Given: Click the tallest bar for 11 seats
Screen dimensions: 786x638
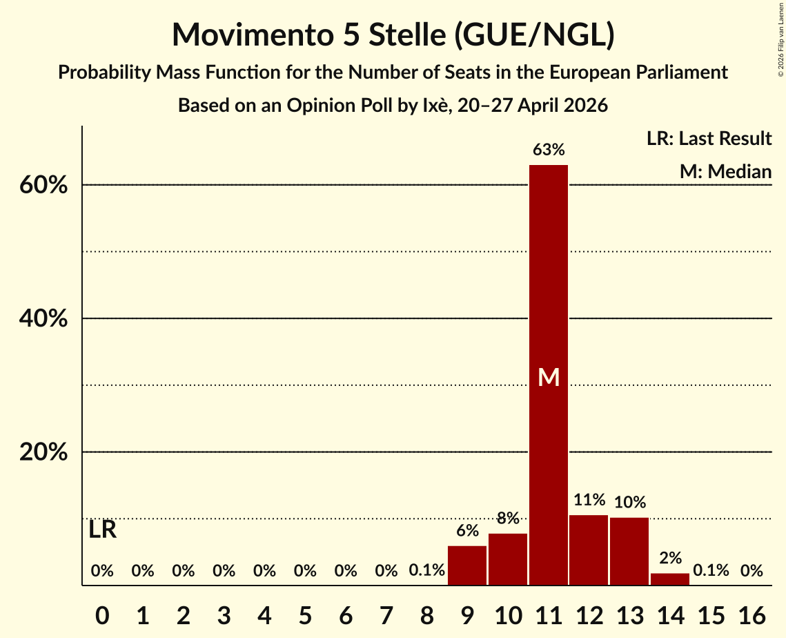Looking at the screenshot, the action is point(549,375).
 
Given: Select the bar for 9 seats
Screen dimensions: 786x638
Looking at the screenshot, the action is point(467,565).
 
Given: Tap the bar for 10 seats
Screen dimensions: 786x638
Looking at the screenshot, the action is point(508,559).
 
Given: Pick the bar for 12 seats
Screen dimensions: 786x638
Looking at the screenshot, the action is point(589,550).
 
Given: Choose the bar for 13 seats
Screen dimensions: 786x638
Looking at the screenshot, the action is point(629,551).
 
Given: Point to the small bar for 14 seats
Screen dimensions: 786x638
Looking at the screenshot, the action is point(670,579).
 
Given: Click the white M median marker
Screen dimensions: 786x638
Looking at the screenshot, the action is point(549,377).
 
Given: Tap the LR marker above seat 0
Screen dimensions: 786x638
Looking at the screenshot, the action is point(102,530).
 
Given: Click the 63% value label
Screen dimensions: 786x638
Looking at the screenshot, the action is point(549,149).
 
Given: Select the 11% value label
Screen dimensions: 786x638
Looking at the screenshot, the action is point(589,500).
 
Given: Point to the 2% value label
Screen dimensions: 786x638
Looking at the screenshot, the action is point(670,558).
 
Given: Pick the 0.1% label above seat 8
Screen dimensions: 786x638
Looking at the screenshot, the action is point(426,570).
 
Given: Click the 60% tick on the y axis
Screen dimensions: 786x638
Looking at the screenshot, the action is point(43,185).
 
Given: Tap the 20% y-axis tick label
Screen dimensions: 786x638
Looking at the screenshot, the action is point(43,452).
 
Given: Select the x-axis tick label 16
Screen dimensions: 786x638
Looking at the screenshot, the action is point(751,615).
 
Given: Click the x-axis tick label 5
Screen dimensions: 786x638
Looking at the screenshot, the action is point(305,615).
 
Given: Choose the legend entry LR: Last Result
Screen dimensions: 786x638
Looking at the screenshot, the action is point(709,138).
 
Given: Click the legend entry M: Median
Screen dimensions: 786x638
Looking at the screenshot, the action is point(725,171).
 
